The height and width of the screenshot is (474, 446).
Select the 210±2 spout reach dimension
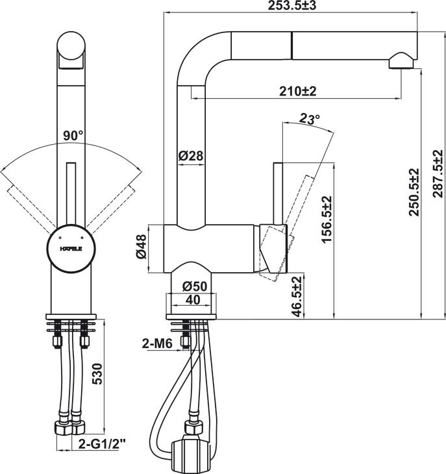pos(297,92)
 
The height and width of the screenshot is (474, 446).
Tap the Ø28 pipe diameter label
pos(190,156)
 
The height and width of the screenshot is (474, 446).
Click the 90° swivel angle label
pos(73,136)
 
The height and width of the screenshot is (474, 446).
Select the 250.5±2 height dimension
pos(414,192)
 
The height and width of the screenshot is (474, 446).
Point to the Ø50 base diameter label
pos(194,286)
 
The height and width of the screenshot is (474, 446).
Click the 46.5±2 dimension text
pos(297,297)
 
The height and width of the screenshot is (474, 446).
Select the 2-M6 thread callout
pos(156,344)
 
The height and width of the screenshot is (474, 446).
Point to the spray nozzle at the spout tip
pos(401,62)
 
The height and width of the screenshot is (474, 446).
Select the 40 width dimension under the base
pos(192,300)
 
